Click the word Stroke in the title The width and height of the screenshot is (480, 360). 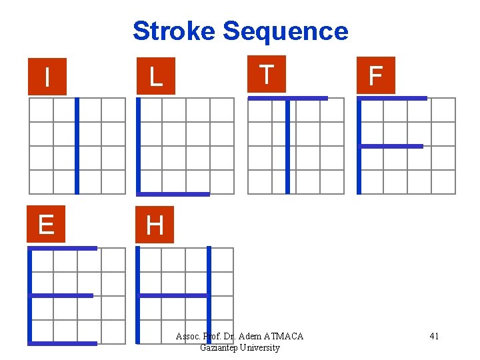click(x=175, y=31)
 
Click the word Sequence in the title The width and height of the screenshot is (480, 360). click(x=285, y=31)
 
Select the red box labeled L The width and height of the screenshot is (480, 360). click(x=155, y=77)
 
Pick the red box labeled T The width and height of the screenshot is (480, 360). click(x=266, y=74)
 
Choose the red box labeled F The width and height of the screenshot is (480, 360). click(x=375, y=75)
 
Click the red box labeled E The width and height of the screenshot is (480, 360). click(x=46, y=225)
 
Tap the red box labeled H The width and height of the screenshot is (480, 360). click(x=155, y=225)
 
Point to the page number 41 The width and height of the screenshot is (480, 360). click(x=434, y=336)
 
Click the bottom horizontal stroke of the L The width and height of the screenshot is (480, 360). click(x=173, y=194)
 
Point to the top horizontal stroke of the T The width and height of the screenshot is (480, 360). click(x=287, y=98)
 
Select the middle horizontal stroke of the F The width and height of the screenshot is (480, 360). click(x=391, y=146)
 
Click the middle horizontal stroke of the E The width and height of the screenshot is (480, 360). click(x=61, y=295)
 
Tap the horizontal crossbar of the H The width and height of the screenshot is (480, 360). click(x=173, y=295)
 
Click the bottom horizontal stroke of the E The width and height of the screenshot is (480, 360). click(x=63, y=343)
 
